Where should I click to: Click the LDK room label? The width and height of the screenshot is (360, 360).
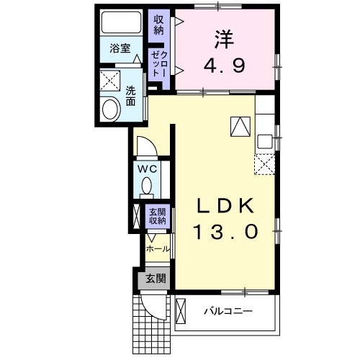(x=225, y=206)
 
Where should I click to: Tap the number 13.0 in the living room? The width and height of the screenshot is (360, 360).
(x=225, y=232)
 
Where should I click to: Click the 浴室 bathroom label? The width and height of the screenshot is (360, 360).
(x=120, y=49)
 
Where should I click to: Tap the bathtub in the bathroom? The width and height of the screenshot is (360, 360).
(x=121, y=24)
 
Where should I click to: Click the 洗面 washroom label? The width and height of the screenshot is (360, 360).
(x=131, y=96)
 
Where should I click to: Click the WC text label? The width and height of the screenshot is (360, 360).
(x=148, y=169)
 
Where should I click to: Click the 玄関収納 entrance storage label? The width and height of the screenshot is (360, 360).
(x=157, y=217)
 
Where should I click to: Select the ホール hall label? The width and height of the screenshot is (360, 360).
(x=158, y=248)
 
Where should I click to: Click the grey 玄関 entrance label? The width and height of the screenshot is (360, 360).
(x=156, y=278)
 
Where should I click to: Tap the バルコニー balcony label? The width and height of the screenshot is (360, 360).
(x=227, y=312)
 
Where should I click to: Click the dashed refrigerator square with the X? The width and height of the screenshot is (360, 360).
(x=264, y=165)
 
